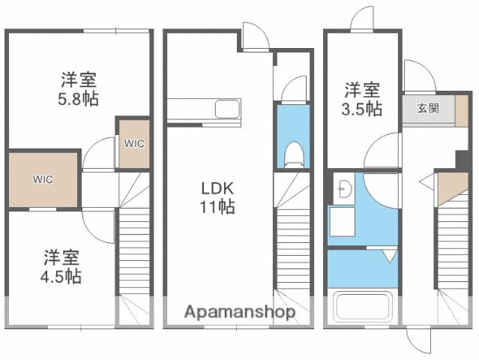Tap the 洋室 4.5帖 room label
click(61, 267)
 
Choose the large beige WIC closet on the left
click(43, 179)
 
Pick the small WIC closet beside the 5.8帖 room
click(133, 142)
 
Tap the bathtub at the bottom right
click(363, 308)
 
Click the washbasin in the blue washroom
click(344, 188)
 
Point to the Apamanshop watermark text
click(239, 311)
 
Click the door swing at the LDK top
click(253, 37)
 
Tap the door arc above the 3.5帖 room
click(361, 19)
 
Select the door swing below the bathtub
click(421, 341)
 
